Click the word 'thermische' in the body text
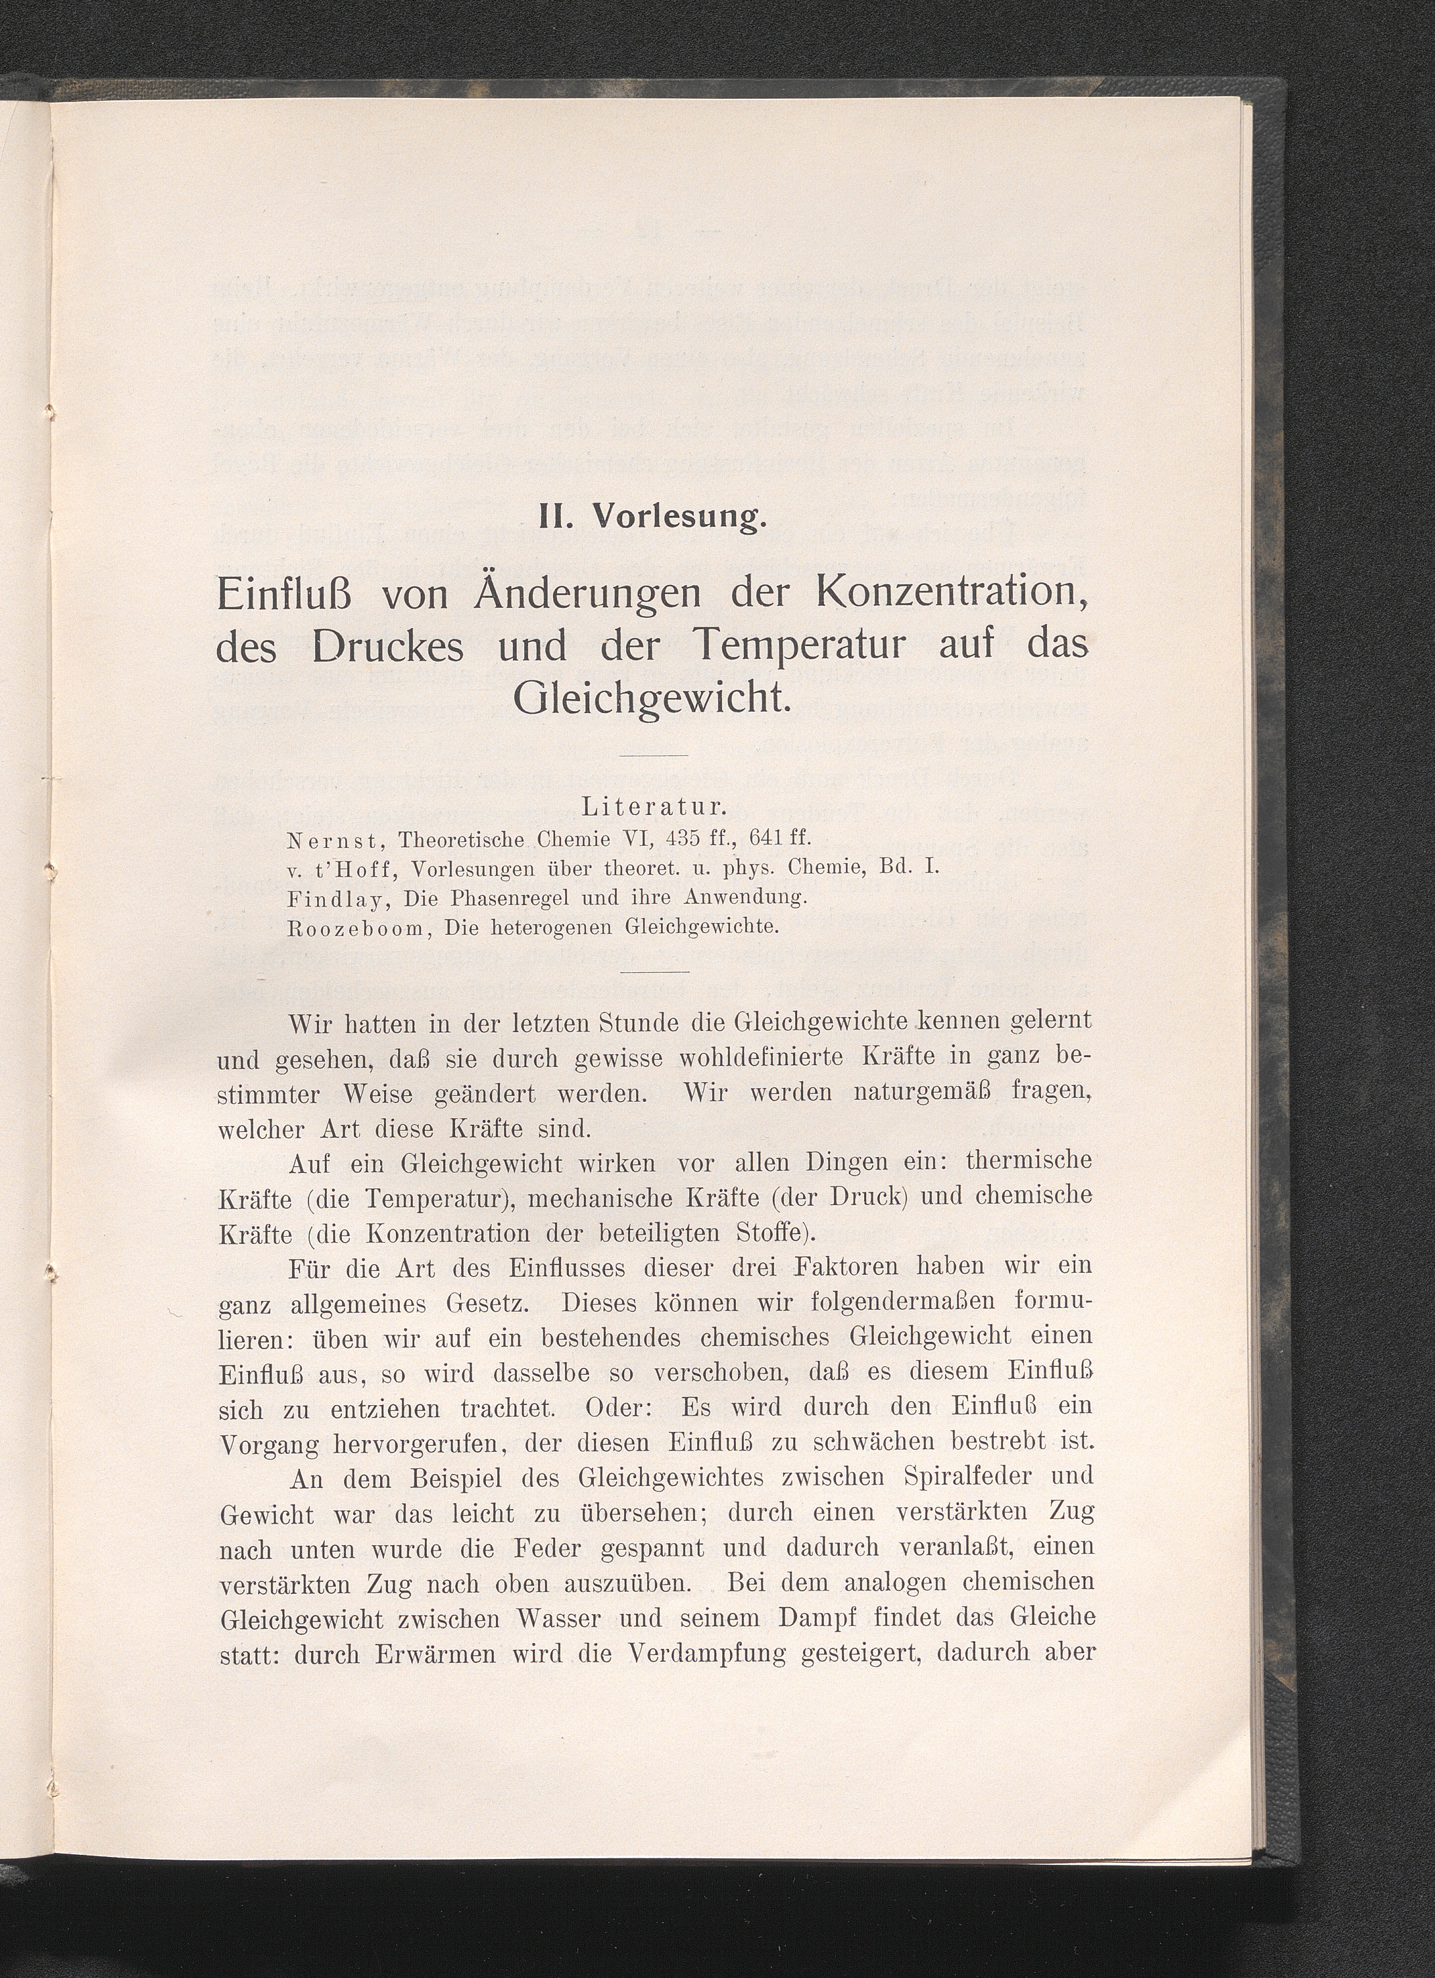[x=1029, y=1162]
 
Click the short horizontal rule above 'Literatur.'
[x=655, y=755]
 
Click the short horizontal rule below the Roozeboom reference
[x=655, y=971]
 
